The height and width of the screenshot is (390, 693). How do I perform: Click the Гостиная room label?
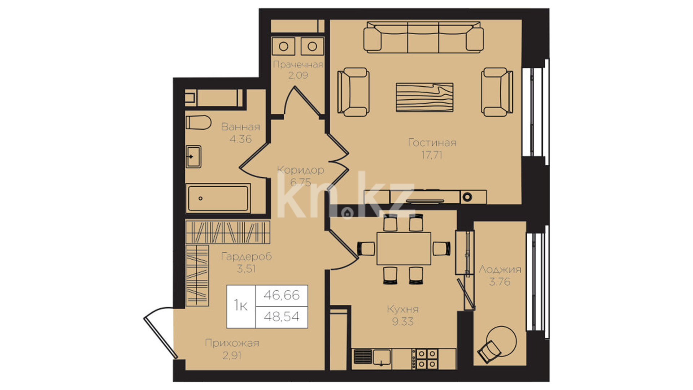coord(432,143)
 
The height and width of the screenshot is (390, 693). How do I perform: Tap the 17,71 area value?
coord(432,155)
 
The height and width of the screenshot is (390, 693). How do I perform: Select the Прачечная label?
coord(298,65)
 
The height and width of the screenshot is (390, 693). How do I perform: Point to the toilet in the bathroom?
coord(198,122)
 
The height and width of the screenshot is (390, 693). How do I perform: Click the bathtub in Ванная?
coord(218,198)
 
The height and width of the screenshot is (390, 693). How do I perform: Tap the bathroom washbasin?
coord(193,157)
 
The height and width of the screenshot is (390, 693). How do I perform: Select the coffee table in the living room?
coord(424,97)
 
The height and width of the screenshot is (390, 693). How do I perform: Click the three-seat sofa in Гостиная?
coord(423,37)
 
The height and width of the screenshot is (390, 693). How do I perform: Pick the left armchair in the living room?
coord(353,92)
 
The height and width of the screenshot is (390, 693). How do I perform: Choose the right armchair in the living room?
coord(497,92)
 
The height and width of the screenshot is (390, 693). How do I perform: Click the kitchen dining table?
coord(404,248)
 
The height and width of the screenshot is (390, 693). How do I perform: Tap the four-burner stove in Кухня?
coord(427,359)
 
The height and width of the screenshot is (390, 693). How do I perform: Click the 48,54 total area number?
coord(282,317)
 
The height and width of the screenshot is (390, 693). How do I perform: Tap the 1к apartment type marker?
coord(241,305)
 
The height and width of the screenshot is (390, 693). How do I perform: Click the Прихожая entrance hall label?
coord(232,343)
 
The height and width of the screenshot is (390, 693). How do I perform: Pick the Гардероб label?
coord(246,257)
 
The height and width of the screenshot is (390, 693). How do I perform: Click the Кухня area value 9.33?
coord(403,321)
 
